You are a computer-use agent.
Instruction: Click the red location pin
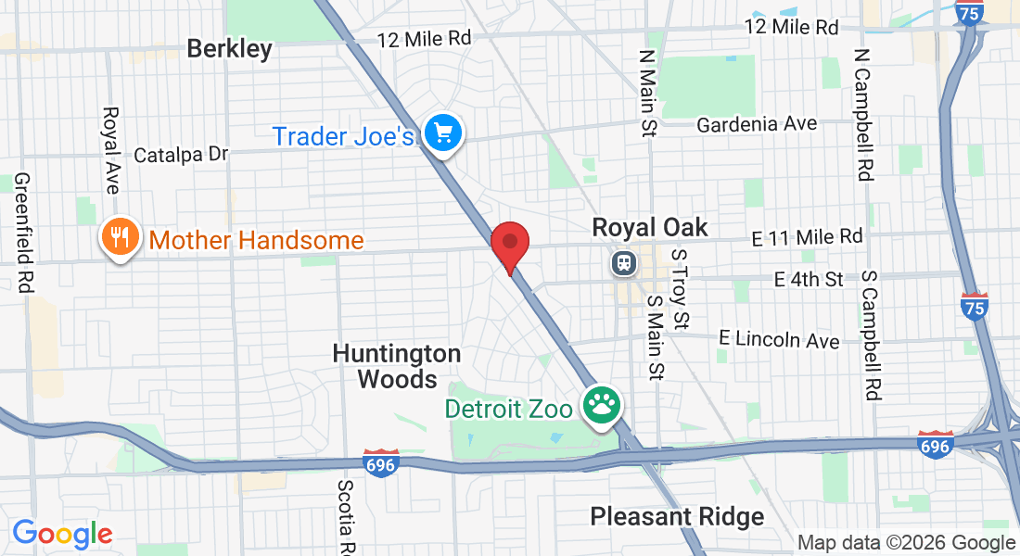509,243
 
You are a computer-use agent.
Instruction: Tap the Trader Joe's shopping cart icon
443,135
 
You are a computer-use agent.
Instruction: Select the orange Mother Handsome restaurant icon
119,239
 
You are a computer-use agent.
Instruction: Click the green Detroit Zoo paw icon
602,407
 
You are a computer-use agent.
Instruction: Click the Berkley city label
230,48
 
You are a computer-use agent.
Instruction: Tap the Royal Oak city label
649,227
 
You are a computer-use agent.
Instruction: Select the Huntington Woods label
397,366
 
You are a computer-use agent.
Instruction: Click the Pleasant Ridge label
677,516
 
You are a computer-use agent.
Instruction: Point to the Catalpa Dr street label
181,155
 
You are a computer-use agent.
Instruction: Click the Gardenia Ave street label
757,124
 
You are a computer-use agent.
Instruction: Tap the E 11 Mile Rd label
807,237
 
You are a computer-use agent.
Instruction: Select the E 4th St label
809,279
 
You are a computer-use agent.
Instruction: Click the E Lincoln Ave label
779,339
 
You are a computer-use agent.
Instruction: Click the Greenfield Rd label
23,234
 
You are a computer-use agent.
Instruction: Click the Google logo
62,534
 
